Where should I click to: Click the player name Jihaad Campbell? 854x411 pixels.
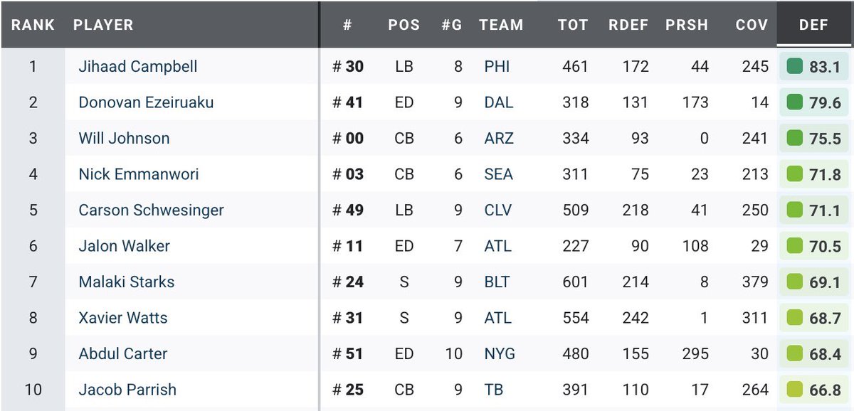click(138, 67)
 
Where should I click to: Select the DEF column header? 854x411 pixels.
click(813, 25)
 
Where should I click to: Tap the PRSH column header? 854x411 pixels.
click(686, 25)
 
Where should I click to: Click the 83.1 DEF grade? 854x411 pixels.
click(825, 68)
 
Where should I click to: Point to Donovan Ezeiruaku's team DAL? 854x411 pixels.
click(498, 102)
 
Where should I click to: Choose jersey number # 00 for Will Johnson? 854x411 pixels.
click(348, 139)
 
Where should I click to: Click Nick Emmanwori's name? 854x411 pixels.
click(139, 174)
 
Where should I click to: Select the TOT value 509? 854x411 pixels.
click(574, 210)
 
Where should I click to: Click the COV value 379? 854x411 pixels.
click(754, 282)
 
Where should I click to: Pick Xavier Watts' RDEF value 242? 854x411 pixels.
click(634, 318)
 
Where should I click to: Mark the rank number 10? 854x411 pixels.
click(33, 390)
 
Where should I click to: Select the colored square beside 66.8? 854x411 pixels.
click(795, 390)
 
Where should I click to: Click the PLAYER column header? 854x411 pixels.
click(103, 25)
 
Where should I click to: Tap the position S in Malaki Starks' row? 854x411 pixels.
click(404, 282)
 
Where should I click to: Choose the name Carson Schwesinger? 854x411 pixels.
click(151, 210)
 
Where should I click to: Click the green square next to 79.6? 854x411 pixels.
click(795, 102)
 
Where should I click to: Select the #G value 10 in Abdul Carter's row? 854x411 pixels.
click(453, 354)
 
